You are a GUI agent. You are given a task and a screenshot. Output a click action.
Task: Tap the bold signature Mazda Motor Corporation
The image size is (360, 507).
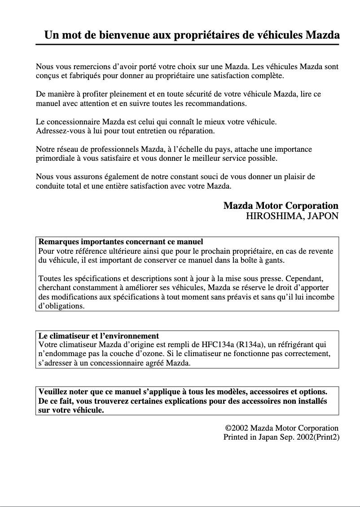pos(281,206)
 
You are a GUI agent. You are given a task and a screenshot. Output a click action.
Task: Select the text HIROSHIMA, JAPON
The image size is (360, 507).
pos(292,216)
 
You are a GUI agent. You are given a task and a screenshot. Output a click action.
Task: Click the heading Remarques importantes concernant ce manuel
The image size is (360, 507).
pos(121,242)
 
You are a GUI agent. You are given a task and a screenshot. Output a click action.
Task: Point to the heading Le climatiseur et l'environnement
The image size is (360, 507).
pos(99,335)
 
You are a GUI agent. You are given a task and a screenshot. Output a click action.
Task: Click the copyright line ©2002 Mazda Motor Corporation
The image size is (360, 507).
pos(281,428)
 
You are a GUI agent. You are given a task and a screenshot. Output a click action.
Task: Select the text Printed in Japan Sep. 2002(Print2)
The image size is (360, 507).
pos(281,436)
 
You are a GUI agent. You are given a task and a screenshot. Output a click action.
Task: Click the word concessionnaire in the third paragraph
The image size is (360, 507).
pos(73,122)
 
